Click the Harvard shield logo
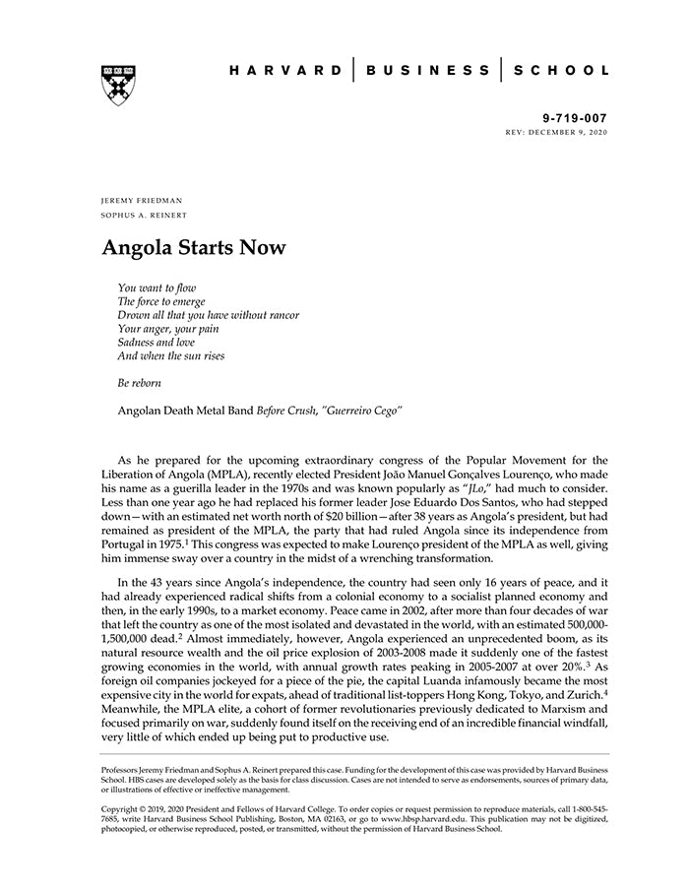tap(118, 85)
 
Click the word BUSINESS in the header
tap(427, 71)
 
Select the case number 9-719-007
tap(575, 117)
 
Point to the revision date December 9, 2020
tap(570, 131)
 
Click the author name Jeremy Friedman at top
tap(142, 200)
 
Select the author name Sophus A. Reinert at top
tap(144, 215)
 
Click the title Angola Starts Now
tap(194, 247)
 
